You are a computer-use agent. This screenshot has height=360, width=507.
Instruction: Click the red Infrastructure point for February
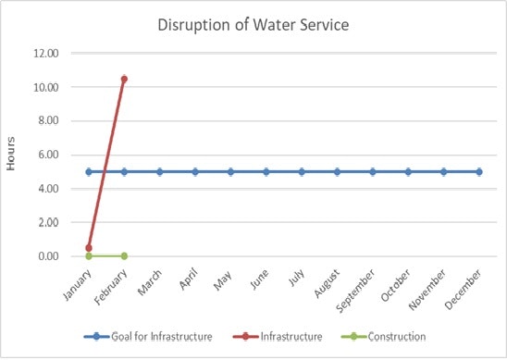(x=124, y=79)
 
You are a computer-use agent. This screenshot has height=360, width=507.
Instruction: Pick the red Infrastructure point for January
(x=89, y=248)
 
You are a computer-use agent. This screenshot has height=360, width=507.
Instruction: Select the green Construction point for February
(x=124, y=255)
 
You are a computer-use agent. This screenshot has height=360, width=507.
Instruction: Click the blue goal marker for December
(x=479, y=171)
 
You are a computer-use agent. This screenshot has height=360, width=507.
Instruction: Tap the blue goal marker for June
(x=266, y=171)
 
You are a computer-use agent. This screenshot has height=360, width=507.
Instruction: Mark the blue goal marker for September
(x=373, y=171)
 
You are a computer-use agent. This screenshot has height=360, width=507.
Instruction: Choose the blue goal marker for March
(x=160, y=171)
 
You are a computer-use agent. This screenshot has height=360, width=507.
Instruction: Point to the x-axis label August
(x=328, y=282)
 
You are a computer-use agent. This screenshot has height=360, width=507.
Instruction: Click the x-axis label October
(x=398, y=283)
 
